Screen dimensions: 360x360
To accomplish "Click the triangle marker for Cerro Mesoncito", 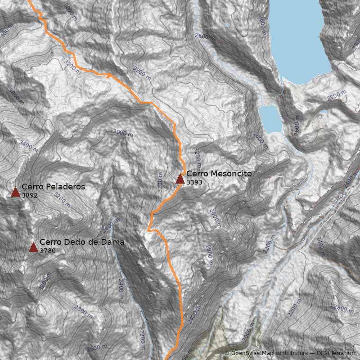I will pyautogui.click(x=180, y=179).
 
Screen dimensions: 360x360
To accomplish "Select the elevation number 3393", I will pyautogui.click(x=194, y=183).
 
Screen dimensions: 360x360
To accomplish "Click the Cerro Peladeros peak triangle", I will pyautogui.click(x=15, y=192).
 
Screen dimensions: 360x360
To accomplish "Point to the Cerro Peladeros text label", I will pyautogui.click(x=53, y=187).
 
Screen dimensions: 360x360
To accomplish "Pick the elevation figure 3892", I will pyautogui.click(x=29, y=195).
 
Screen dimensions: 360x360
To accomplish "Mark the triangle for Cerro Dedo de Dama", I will pyautogui.click(x=33, y=247).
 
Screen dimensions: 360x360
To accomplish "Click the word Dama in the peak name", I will pyautogui.click(x=114, y=242).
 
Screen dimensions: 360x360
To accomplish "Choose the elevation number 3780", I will pyautogui.click(x=47, y=250).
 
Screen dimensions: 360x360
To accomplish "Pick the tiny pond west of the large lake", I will pyautogui.click(x=226, y=26).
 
